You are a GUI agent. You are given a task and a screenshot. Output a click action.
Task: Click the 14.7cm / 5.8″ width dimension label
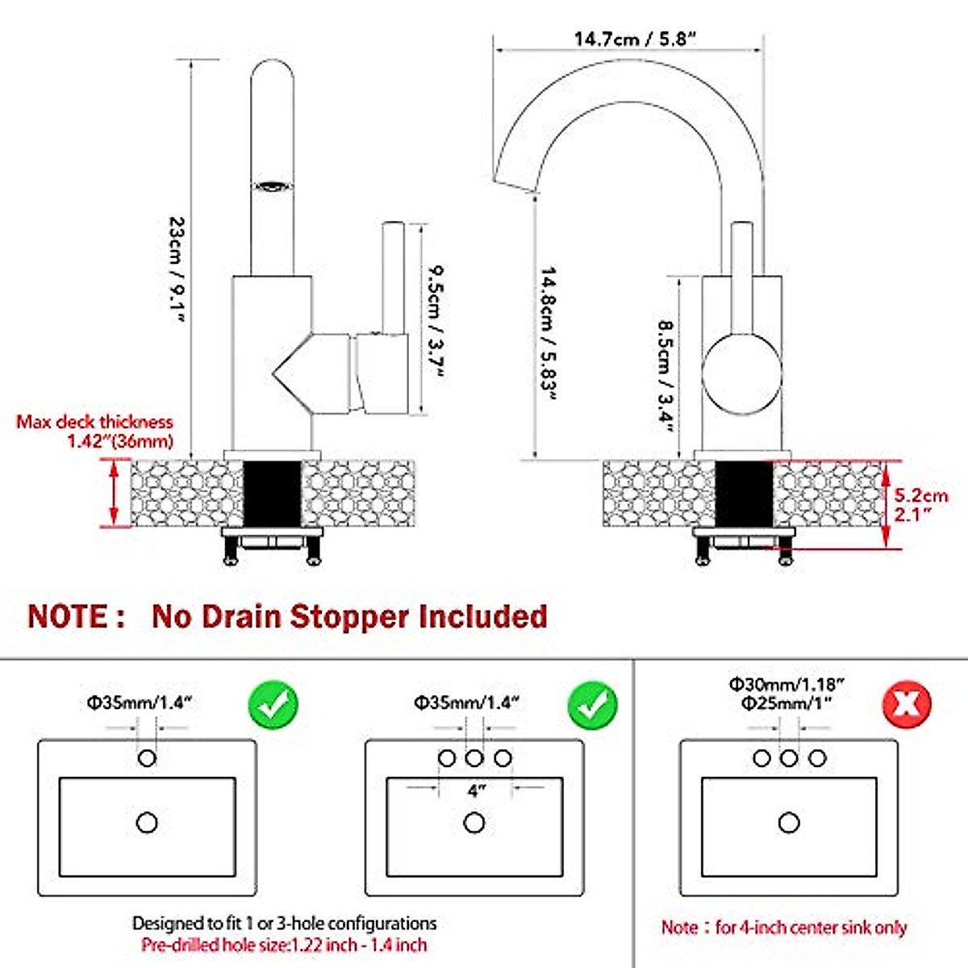(x=635, y=39)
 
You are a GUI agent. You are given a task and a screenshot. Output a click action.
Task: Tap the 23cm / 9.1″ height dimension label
(x=176, y=270)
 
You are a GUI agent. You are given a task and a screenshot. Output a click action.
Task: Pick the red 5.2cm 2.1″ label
(x=920, y=504)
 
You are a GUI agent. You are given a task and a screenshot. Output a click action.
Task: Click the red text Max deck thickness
(x=95, y=422)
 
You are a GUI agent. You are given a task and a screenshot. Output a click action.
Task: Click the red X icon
(x=907, y=704)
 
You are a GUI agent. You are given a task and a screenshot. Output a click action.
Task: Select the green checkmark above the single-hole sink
(x=273, y=704)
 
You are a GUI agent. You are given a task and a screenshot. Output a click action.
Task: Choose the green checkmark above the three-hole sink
(x=593, y=704)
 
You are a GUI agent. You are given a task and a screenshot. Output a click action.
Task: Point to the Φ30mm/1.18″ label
(x=787, y=684)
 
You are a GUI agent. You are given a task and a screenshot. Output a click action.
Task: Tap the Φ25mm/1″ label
(x=787, y=703)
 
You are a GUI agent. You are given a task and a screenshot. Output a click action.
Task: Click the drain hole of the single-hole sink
(x=147, y=823)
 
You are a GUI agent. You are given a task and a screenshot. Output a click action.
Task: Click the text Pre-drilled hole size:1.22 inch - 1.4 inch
(x=284, y=945)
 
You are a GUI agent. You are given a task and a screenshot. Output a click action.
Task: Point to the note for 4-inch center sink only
(x=784, y=928)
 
